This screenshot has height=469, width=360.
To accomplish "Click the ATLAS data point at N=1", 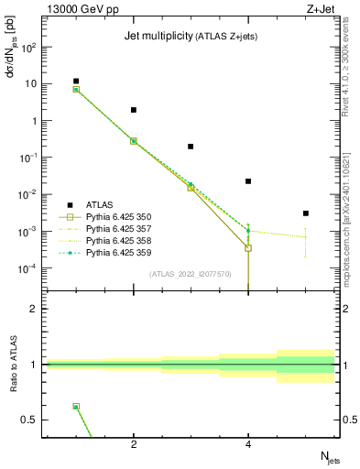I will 76,82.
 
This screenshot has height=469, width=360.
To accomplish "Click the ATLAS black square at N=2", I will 134,110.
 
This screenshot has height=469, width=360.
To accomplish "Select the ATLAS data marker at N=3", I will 191,147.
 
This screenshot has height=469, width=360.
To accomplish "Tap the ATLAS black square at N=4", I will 248,181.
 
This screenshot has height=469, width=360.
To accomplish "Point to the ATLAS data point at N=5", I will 305,213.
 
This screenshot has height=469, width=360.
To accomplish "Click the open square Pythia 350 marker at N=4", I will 248,248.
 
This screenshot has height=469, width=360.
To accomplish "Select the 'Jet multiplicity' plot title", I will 156,37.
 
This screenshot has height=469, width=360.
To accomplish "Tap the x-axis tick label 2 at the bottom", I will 134,446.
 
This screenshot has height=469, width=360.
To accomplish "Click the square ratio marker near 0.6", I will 76,406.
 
